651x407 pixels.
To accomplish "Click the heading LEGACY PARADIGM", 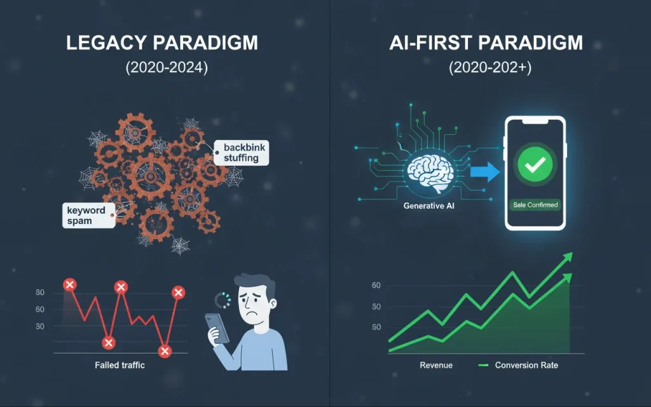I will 162,43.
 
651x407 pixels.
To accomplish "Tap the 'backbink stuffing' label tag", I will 241,153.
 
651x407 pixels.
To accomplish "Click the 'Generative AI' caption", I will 429,205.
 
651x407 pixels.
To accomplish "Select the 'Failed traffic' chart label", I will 120,365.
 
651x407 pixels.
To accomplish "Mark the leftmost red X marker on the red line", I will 70,284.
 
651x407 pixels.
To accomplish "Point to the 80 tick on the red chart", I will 40,293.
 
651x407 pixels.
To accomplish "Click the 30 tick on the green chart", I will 376,307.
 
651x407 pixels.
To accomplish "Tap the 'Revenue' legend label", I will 436,365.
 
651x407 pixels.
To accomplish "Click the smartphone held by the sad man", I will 217,327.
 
